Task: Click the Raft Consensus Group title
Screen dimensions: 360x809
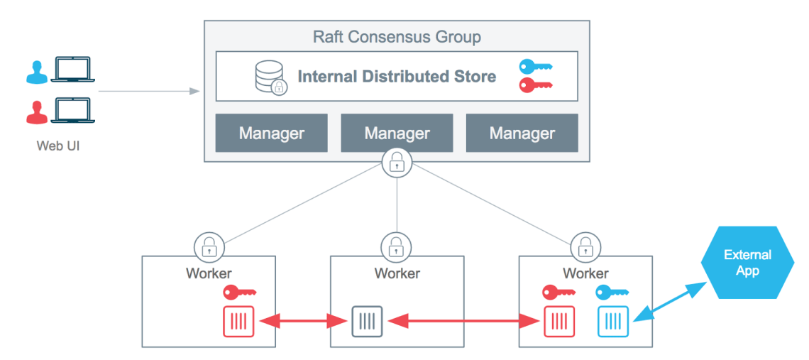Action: coord(397,36)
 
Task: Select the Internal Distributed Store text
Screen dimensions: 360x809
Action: coord(397,76)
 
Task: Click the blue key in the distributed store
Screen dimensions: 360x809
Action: coord(535,67)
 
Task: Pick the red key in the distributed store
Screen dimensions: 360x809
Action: coord(535,85)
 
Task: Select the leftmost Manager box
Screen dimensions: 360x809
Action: coord(271,133)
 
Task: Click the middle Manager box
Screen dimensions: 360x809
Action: coord(397,133)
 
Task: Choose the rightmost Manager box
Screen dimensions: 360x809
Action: coord(522,133)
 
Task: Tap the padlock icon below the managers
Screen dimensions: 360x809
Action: coord(397,163)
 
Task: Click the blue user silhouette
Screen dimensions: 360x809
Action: coord(35,71)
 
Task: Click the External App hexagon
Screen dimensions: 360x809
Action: coord(747,263)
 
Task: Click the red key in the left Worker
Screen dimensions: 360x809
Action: coord(239,292)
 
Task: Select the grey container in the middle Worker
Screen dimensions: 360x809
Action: coord(368,321)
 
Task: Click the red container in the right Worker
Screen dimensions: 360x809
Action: coord(558,321)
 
